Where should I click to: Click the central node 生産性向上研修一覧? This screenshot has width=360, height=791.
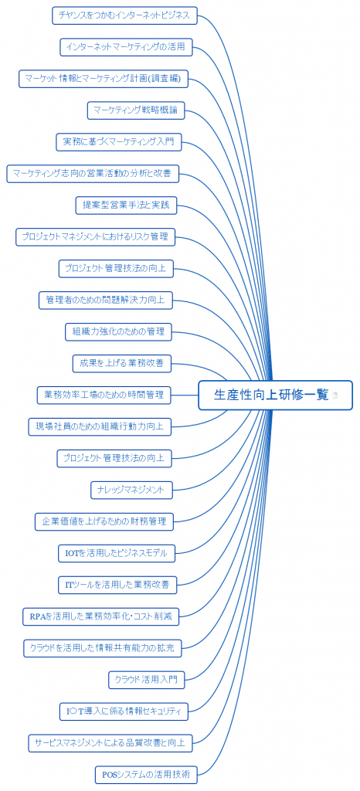pyautogui.click(x=275, y=395)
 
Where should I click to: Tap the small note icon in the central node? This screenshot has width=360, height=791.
pyautogui.click(x=335, y=395)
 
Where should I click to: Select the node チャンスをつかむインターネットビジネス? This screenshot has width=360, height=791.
pyautogui.click(x=124, y=15)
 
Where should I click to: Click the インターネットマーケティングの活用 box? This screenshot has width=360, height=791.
pyautogui.click(x=126, y=47)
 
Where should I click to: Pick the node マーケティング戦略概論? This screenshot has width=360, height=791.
pyautogui.click(x=136, y=110)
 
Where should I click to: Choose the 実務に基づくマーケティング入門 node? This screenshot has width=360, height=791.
pyautogui.click(x=118, y=142)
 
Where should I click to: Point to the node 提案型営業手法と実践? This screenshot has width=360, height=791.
pyautogui.click(x=126, y=205)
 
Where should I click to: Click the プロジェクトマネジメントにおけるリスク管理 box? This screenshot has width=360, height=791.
pyautogui.click(x=95, y=236)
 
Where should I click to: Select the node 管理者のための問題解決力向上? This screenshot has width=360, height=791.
pyautogui.click(x=105, y=300)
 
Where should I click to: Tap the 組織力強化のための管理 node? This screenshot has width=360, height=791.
pyautogui.click(x=118, y=331)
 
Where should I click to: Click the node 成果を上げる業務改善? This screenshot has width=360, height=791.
pyautogui.click(x=121, y=363)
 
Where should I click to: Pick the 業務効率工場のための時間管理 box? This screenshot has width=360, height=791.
pyautogui.click(x=104, y=395)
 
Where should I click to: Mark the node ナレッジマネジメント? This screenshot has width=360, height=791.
pyautogui.click(x=131, y=489)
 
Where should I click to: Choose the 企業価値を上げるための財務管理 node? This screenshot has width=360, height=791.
pyautogui.click(x=104, y=521)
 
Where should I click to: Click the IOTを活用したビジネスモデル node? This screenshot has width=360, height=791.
pyautogui.click(x=117, y=553)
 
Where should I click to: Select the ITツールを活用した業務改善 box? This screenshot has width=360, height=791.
pyautogui.click(x=117, y=585)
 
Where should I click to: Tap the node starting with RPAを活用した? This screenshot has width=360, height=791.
pyautogui.click(x=101, y=616)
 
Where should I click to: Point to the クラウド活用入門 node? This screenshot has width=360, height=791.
pyautogui.click(x=147, y=680)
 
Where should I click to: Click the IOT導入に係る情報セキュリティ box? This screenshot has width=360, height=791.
pyautogui.click(x=124, y=711)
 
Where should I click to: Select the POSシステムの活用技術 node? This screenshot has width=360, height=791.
pyautogui.click(x=146, y=774)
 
